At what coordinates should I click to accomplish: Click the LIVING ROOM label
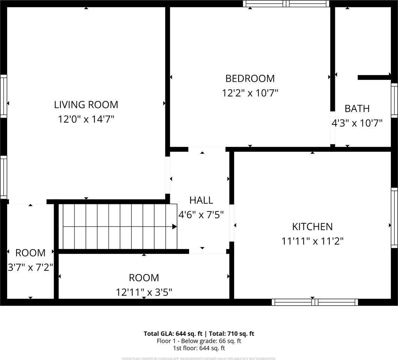86,105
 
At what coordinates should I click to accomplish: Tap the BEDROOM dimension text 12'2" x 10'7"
250,93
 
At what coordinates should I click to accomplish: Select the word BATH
357,109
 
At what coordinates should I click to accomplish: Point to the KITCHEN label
312,226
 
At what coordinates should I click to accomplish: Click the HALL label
201,200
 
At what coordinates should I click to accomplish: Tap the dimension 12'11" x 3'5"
144,292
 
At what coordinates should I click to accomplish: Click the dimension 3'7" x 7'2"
30,267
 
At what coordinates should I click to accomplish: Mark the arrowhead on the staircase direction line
174,226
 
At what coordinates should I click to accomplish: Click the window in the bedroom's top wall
286,4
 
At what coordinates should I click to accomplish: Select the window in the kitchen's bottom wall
315,302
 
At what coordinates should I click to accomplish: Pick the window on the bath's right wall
394,100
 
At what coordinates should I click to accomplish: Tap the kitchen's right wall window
394,217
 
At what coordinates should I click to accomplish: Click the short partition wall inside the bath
374,78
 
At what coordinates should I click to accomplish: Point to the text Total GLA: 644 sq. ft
173,333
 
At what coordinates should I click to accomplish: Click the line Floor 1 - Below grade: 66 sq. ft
199,341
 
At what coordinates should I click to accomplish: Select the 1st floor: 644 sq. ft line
199,348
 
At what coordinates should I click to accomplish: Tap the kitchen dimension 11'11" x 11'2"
312,241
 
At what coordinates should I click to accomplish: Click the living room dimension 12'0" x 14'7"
86,119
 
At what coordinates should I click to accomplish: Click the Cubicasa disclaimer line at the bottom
199,358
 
